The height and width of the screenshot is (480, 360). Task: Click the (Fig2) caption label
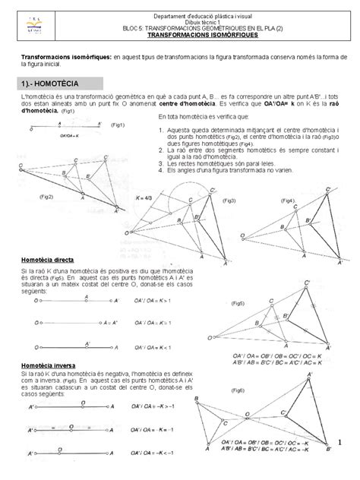point(46,196)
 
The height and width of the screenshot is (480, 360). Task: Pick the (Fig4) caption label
point(288,201)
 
